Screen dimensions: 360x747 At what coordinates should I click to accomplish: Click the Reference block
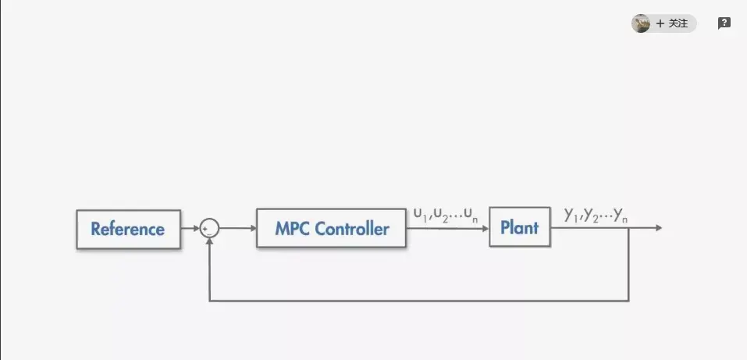[128, 229]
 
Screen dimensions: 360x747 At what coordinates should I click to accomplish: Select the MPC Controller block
[331, 229]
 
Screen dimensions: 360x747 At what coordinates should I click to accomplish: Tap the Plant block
[519, 228]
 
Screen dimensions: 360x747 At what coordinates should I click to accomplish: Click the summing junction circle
[209, 228]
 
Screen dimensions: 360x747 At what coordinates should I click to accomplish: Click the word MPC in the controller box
[293, 229]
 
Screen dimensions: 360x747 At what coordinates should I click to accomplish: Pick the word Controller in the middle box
[352, 229]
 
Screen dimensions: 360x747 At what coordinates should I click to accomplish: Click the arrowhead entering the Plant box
[485, 228]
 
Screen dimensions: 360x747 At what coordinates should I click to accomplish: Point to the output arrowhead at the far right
[659, 228]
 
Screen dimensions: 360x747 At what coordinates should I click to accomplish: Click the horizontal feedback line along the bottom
[418, 301]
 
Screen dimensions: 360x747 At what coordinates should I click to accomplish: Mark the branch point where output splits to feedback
[629, 228]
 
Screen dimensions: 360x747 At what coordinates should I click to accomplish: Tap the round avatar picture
[641, 23]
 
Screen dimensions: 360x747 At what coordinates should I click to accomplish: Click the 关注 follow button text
[678, 23]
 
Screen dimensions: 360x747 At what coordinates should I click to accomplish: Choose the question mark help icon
[724, 23]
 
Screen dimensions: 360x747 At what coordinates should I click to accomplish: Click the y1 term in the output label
[571, 215]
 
